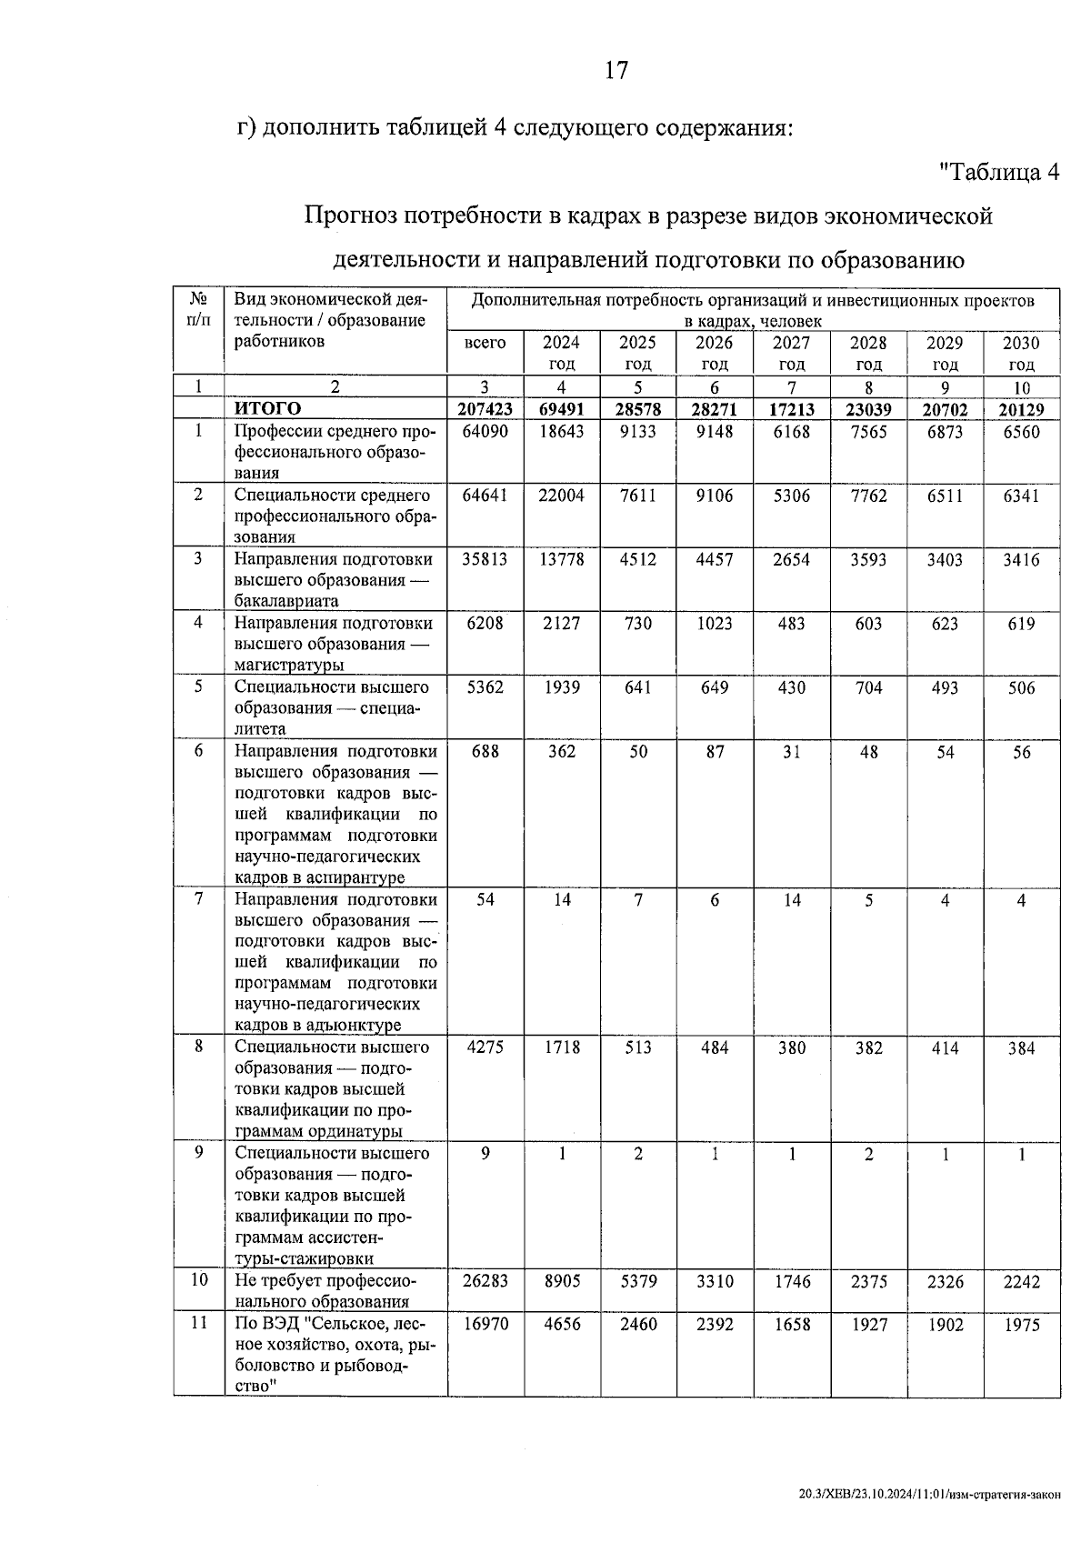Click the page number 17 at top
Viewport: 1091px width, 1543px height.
coord(616,70)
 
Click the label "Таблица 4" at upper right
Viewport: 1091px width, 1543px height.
coord(999,171)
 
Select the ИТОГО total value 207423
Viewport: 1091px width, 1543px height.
coord(485,409)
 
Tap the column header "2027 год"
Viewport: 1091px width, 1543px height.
coord(791,353)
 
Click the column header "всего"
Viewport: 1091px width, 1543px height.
coord(485,343)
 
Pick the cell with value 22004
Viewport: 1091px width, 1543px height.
coord(562,496)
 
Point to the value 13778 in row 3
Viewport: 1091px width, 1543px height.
coord(562,560)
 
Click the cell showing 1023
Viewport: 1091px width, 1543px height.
coord(715,624)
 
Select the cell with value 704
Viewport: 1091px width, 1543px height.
coord(868,688)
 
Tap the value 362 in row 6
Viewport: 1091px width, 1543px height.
coord(562,752)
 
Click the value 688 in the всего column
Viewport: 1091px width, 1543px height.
coord(485,752)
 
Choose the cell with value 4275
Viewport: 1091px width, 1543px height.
coord(485,1047)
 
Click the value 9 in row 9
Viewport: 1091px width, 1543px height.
coord(485,1154)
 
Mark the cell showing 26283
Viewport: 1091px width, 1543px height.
coord(485,1282)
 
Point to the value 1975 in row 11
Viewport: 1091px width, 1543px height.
coord(1022,1326)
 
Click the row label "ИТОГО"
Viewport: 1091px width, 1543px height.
coord(267,409)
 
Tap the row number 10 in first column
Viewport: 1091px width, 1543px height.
coord(198,1280)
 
